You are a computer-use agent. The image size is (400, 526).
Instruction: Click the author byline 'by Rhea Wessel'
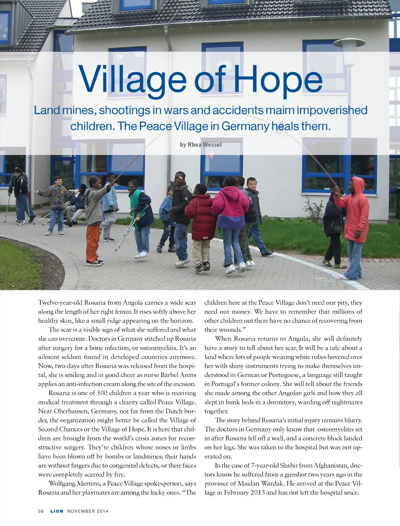(200, 145)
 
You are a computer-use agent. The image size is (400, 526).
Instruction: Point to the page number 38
(41, 511)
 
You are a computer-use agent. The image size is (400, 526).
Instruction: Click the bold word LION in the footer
(57, 511)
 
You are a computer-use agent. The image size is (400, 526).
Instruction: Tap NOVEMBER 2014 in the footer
(87, 511)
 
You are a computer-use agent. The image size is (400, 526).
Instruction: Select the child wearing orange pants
(94, 219)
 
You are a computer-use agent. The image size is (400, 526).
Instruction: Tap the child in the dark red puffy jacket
(201, 223)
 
